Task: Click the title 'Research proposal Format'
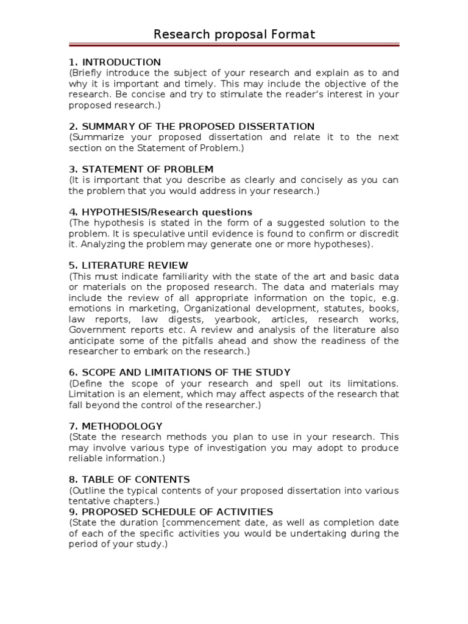coord(234,34)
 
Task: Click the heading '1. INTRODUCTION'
coord(115,62)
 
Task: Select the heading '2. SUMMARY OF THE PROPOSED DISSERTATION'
coord(191,126)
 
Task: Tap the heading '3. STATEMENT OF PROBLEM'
coord(141,169)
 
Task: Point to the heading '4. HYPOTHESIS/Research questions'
coord(160,212)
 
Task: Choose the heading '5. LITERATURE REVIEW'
coord(129,266)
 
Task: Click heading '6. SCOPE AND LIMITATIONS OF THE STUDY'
coord(179,372)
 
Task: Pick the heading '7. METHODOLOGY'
coord(115,426)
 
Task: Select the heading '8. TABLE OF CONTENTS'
coord(129,480)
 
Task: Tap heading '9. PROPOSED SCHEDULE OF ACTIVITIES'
coord(171,512)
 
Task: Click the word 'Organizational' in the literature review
coord(217,308)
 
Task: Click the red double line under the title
coord(234,45)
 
